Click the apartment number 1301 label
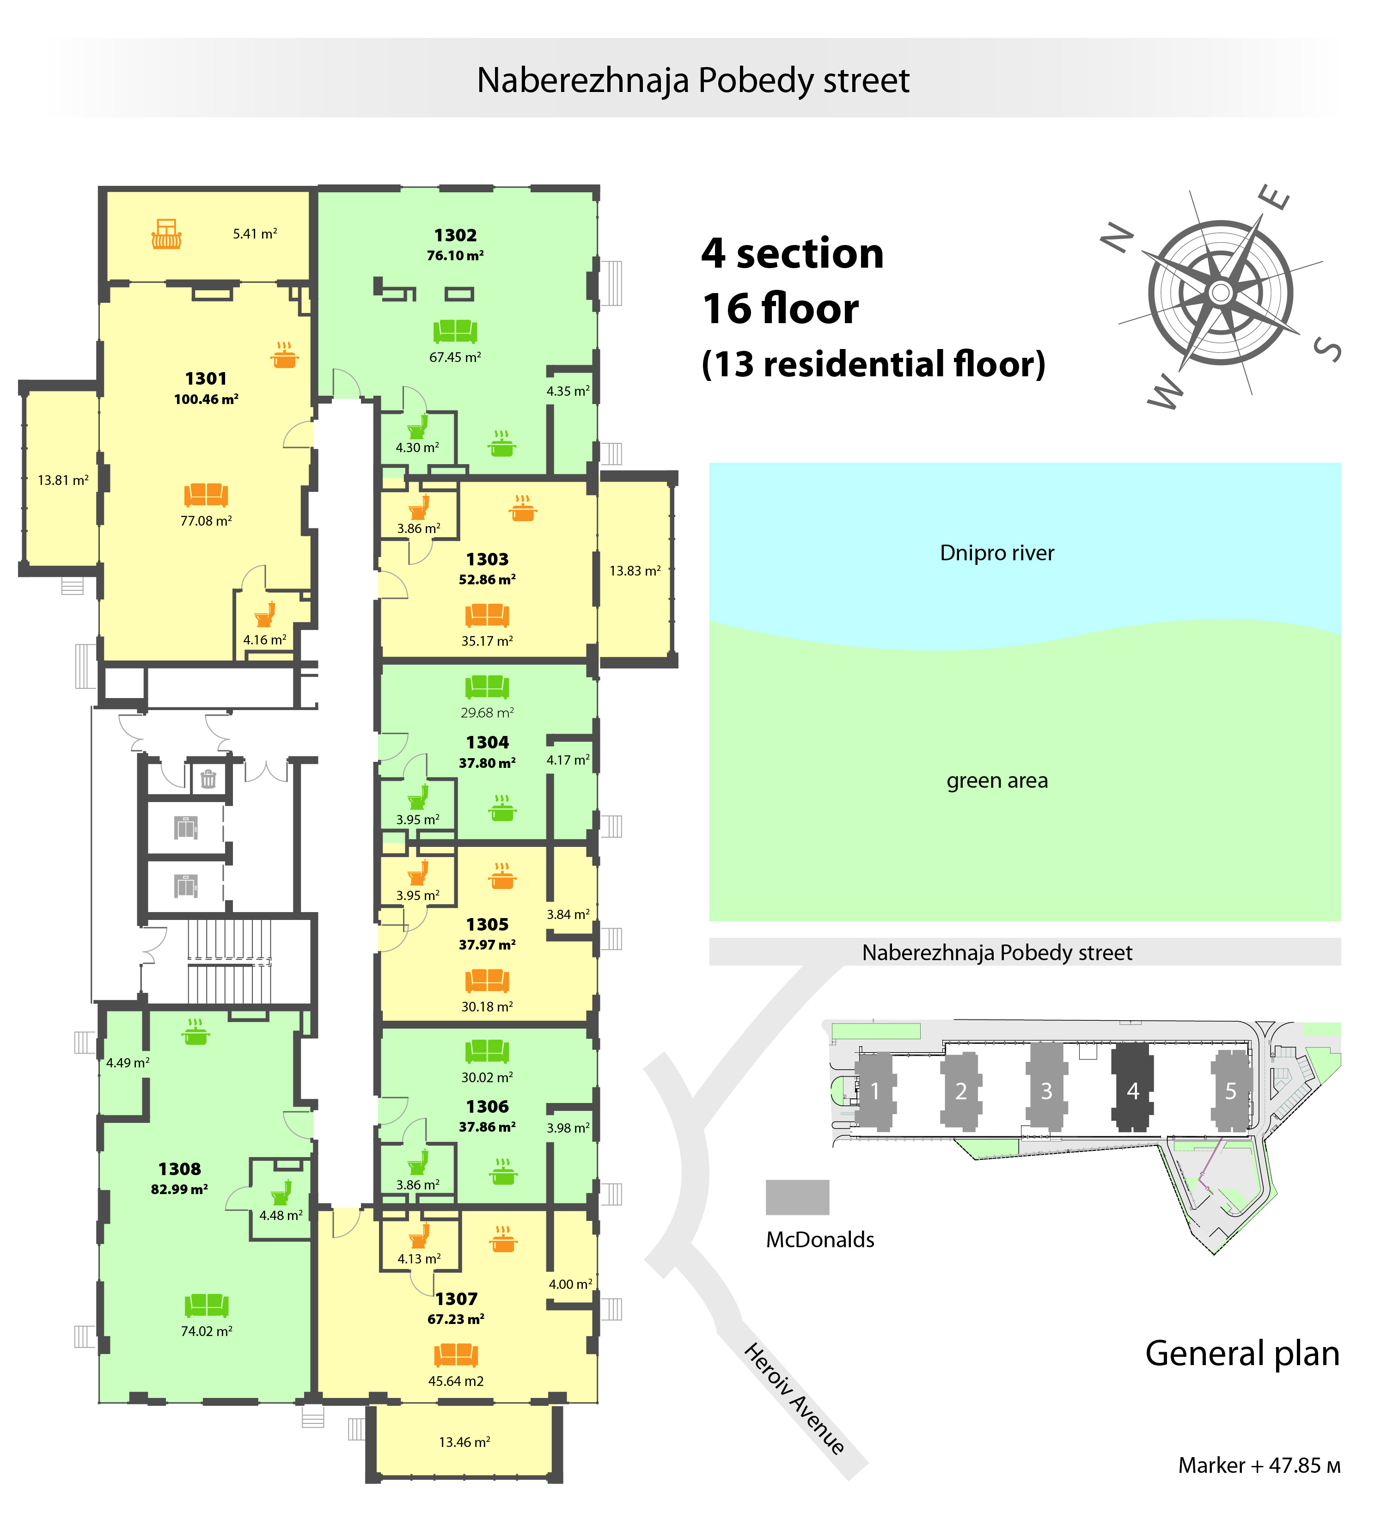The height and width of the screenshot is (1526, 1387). tap(206, 379)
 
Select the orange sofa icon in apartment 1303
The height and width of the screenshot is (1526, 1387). tap(487, 615)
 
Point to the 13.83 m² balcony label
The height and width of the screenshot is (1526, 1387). tap(635, 571)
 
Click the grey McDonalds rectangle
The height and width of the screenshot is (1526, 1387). tap(798, 1197)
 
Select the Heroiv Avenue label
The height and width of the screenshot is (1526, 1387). tap(794, 1398)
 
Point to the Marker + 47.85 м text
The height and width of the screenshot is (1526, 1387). tap(1259, 1465)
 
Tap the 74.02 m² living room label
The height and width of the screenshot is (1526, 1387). tap(207, 1331)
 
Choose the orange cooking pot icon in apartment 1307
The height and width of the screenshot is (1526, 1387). tap(503, 1238)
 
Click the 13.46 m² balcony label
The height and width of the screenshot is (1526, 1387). tap(464, 1442)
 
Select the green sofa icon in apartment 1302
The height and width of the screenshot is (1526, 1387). tap(456, 331)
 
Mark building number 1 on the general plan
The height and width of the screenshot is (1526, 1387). tap(875, 1091)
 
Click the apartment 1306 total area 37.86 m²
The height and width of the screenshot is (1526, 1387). tap(487, 1126)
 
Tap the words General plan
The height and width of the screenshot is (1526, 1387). tap(1242, 1354)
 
